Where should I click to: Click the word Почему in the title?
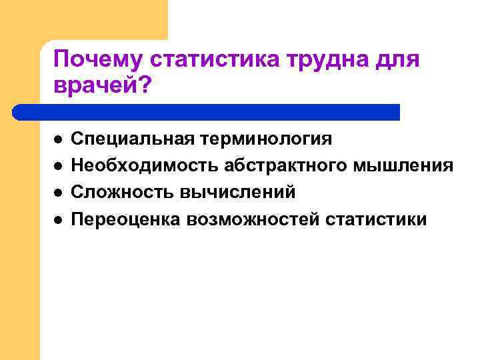click(98, 60)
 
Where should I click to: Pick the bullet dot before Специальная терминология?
click(59, 139)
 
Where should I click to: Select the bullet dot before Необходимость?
click(59, 166)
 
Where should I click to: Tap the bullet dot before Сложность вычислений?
click(59, 193)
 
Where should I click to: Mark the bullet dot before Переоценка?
click(59, 219)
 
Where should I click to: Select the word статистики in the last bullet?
click(377, 219)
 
